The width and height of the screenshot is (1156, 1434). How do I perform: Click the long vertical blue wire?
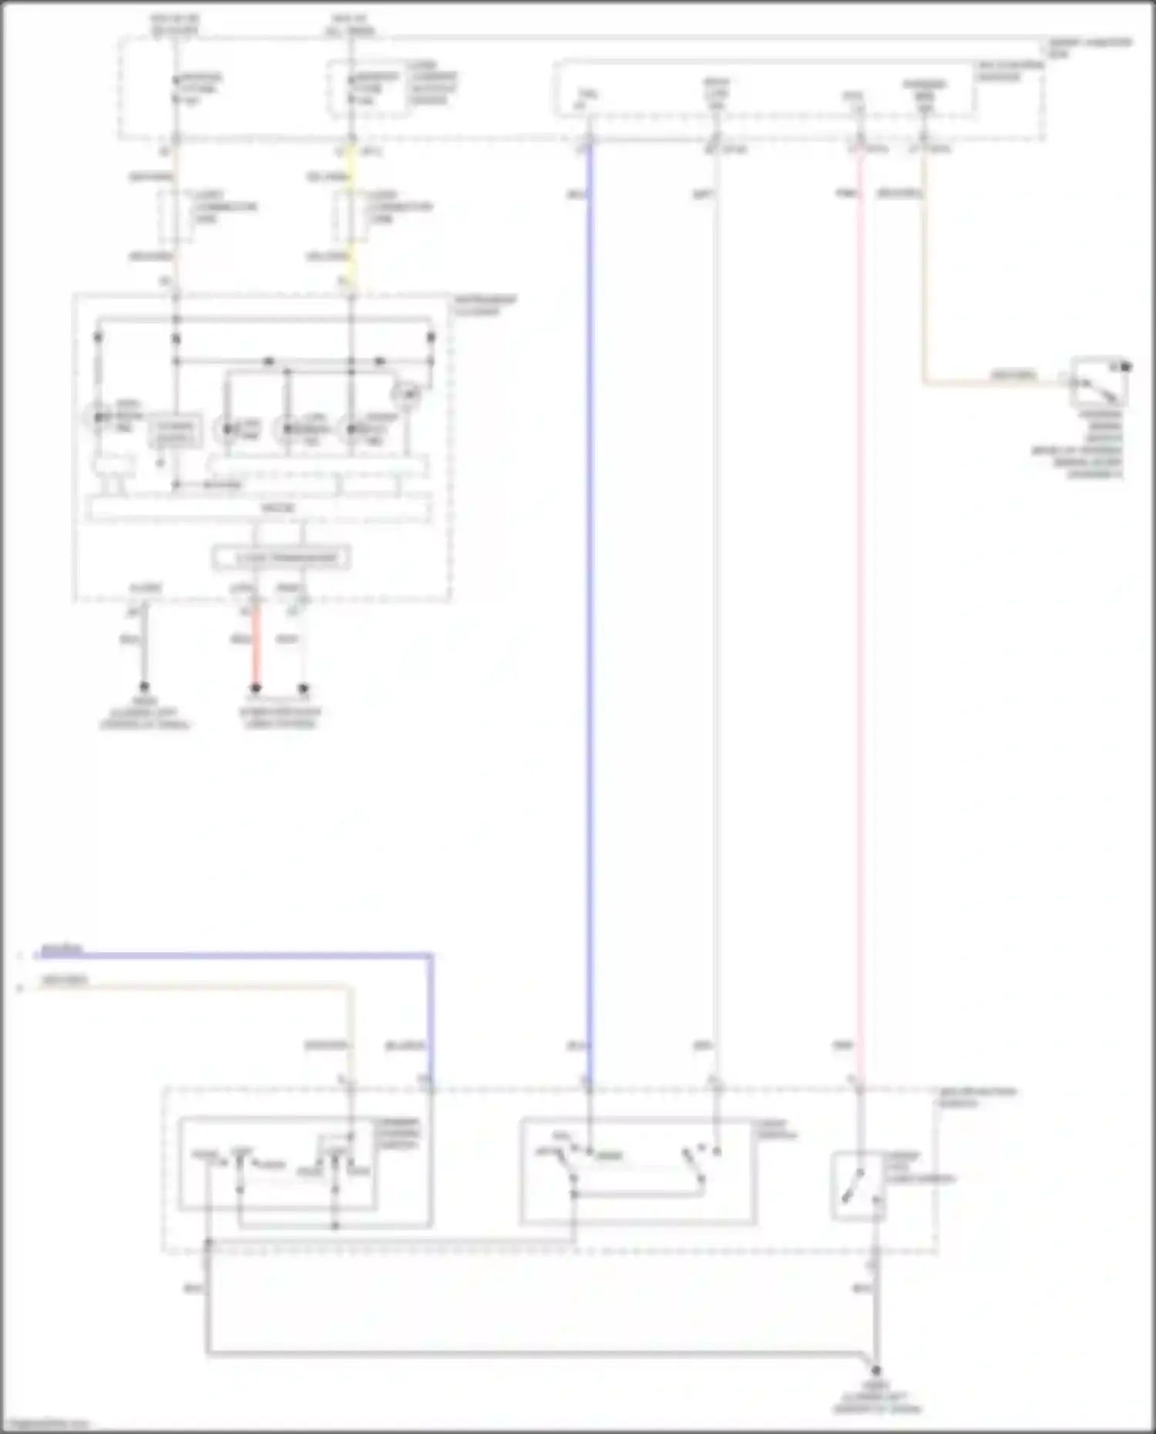(590, 616)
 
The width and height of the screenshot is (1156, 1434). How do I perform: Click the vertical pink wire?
(859, 616)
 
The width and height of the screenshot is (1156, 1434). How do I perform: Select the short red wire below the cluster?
(256, 647)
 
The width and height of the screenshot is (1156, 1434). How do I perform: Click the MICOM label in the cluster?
(277, 509)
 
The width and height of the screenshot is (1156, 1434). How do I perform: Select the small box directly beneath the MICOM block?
(281, 557)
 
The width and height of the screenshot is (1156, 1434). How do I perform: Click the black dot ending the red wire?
(256, 688)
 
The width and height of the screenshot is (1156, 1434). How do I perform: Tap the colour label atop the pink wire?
(845, 193)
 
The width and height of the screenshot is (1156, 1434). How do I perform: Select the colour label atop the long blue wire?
(576, 195)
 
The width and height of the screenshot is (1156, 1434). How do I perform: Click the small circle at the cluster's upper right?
(406, 395)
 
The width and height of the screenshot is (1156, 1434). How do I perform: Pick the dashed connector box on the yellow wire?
(351, 217)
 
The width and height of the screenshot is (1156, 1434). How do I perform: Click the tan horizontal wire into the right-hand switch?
(994, 381)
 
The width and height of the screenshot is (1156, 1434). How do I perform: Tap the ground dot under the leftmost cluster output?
(143, 687)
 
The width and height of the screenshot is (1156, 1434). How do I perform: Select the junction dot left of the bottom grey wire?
(208, 1243)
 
